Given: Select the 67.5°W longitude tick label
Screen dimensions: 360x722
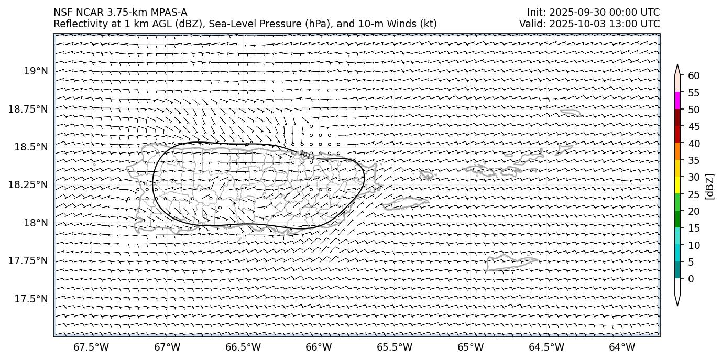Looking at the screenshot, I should [x=91, y=347].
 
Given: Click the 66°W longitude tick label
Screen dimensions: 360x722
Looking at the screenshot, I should [x=319, y=347].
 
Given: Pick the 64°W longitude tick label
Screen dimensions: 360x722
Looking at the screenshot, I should [x=622, y=347].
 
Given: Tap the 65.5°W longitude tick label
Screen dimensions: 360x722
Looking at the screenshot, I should [x=395, y=347].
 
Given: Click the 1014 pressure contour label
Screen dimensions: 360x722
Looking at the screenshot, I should [x=307, y=156].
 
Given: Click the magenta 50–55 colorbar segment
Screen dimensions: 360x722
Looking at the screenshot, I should [x=677, y=101].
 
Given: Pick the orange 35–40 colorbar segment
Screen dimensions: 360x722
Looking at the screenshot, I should [x=677, y=151].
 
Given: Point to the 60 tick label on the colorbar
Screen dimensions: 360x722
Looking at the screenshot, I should [x=694, y=76].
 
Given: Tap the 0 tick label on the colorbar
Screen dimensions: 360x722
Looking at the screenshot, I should [x=691, y=279].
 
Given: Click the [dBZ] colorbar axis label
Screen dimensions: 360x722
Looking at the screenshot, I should [x=710, y=186].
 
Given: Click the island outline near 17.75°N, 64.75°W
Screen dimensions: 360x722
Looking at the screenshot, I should [x=511, y=261].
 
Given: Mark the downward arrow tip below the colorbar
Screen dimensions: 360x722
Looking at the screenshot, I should [x=677, y=304].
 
